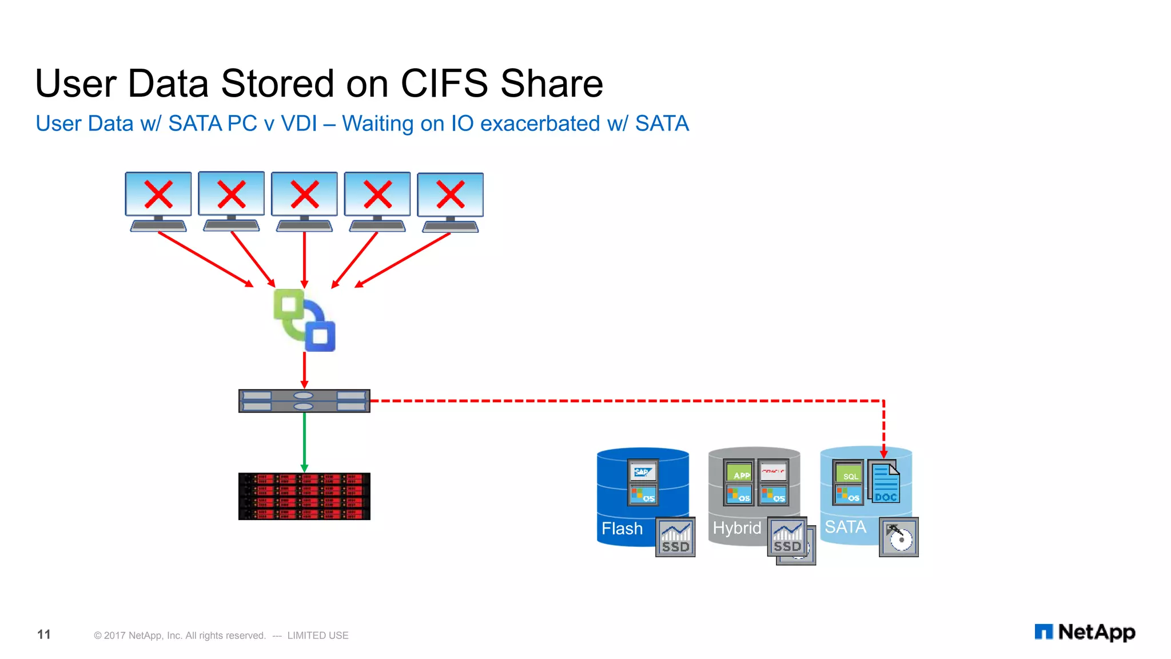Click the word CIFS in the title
[444, 84]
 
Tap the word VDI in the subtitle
[298, 124]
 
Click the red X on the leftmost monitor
[158, 194]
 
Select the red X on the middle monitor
[304, 194]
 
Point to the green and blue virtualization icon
[304, 320]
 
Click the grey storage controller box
[304, 400]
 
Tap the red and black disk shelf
[304, 496]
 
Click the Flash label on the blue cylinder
[622, 529]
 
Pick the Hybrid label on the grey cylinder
[736, 528]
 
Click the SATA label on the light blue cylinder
[845, 527]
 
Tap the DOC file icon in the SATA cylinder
[885, 484]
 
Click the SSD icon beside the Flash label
[675, 537]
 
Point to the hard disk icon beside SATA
[899, 537]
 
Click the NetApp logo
[1085, 632]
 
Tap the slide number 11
[44, 634]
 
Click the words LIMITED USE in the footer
[317, 636]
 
